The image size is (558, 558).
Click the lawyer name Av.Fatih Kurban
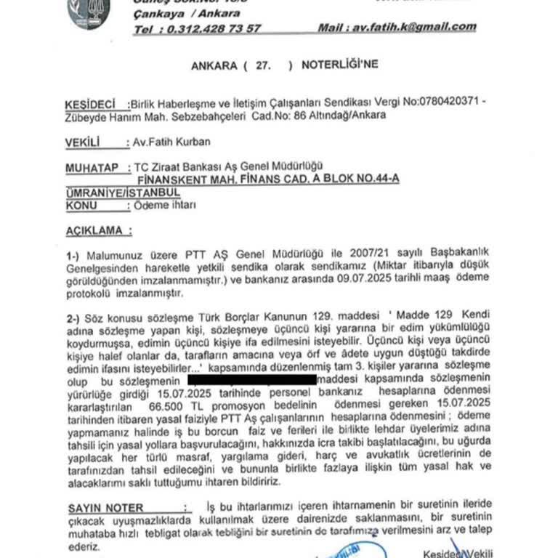[166, 144]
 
